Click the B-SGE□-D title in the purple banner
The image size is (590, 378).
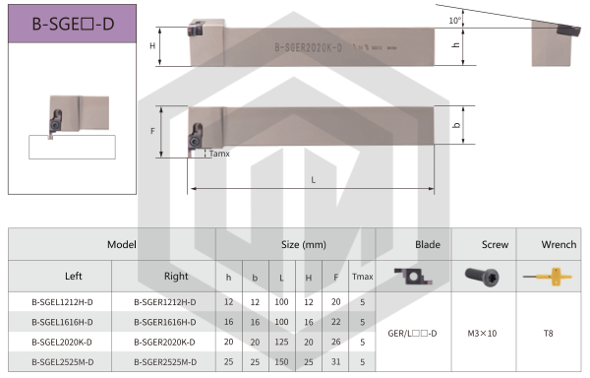coord(73,24)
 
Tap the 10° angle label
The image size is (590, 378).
coord(455,21)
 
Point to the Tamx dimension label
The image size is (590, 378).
coord(219,154)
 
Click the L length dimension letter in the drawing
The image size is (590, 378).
coord(313,180)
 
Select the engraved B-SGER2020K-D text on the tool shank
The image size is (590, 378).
coord(308,48)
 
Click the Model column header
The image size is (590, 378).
coord(122,244)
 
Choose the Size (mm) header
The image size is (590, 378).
coord(304,245)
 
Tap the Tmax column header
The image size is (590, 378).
coord(362,277)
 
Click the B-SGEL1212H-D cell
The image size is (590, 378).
coord(62,302)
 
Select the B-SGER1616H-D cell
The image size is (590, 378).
coord(165,322)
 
